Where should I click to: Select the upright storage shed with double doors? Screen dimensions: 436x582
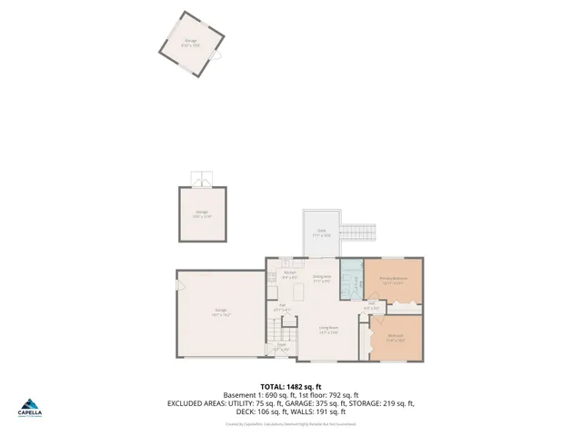[x=202, y=214]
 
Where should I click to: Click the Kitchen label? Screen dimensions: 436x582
[x=290, y=275]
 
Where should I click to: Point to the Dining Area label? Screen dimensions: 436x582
[x=321, y=278]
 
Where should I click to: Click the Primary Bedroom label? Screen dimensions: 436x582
[x=393, y=279]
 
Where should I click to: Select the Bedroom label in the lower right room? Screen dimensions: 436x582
[x=396, y=338]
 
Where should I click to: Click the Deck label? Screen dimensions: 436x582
[x=321, y=233]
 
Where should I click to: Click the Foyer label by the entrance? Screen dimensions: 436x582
[x=281, y=347]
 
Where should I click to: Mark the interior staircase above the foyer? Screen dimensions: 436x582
[x=281, y=325]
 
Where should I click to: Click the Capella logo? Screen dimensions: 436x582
[x=31, y=409]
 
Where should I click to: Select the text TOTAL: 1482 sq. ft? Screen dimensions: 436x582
[x=291, y=386]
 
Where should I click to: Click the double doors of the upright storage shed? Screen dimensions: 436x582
[x=202, y=178]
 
